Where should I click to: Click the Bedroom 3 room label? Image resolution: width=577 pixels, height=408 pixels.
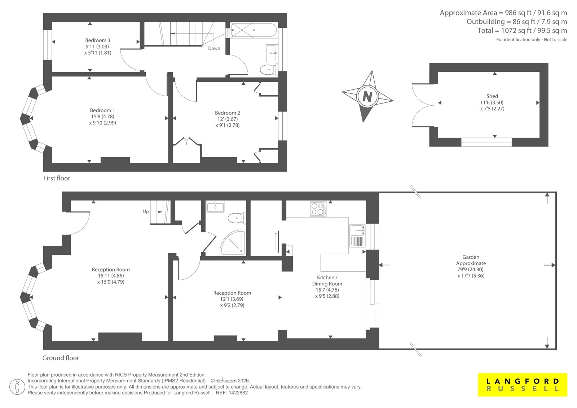98,40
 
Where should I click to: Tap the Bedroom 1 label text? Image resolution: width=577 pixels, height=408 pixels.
102,110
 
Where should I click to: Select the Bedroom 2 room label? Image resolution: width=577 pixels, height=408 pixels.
228,113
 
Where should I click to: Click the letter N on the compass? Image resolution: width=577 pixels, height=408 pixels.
367,97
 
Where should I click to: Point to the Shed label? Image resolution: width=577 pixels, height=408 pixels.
492,96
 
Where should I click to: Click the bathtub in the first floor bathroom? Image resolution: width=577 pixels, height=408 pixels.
254,30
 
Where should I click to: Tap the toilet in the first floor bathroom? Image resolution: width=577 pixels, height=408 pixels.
269,70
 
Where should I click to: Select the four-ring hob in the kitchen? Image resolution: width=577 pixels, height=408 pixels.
319,209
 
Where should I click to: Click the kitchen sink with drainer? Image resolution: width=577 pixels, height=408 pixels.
357,236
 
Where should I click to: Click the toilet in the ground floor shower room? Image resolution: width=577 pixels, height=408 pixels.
237,218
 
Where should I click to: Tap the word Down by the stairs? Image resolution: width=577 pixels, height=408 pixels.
214,48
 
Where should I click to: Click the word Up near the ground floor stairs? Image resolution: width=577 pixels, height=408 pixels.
146,212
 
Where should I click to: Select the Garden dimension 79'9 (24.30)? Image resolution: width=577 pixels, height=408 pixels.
471,269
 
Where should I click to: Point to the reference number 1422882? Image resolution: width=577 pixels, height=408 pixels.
239,393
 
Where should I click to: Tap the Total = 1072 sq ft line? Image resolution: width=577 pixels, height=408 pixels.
522,30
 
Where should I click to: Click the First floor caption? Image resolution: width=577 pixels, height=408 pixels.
57,178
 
